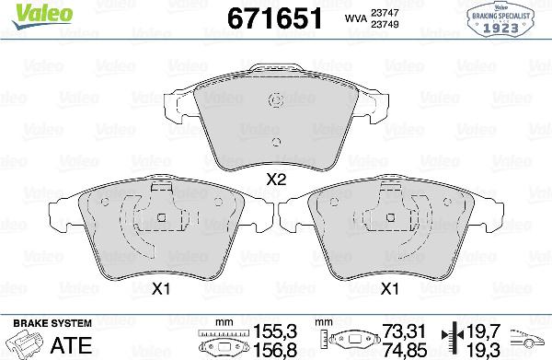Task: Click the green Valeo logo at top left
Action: point(43,16)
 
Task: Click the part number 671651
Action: point(274,19)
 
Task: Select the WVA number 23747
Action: point(385,13)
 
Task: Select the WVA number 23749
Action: point(385,24)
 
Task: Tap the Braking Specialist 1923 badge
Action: point(501,18)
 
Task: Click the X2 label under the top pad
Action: point(276,180)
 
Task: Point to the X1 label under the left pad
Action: point(161,289)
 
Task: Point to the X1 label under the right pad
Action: point(390,289)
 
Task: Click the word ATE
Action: point(71,345)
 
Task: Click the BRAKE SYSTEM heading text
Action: point(52,323)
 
